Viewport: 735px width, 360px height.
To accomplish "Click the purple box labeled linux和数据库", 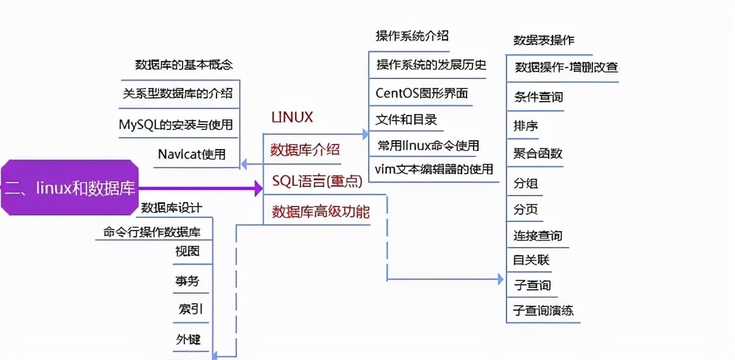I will pos(69,188).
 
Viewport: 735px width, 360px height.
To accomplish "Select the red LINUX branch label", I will pos(292,117).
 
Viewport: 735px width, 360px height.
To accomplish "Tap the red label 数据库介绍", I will pos(305,150).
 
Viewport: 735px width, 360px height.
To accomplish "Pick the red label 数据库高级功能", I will pos(321,212).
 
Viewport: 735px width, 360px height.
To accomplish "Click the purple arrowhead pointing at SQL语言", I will pos(258,188).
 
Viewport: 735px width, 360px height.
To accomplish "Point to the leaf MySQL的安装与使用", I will pos(176,124).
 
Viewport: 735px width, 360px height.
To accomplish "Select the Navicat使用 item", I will pos(191,154).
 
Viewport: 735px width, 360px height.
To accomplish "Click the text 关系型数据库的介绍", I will pos(177,94).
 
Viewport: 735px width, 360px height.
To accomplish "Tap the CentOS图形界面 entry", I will pos(422,93).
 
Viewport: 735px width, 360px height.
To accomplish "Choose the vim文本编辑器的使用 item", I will pos(433,169).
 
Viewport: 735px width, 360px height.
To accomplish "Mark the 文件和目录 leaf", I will pos(406,119).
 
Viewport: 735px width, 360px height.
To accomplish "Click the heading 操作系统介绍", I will pos(412,35).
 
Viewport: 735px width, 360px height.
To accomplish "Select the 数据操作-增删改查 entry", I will pos(566,68).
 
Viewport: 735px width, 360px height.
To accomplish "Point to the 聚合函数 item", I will pos(538,153).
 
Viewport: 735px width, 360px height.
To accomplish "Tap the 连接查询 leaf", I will pos(537,236).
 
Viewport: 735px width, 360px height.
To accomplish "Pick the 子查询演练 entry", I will pos(543,311).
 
